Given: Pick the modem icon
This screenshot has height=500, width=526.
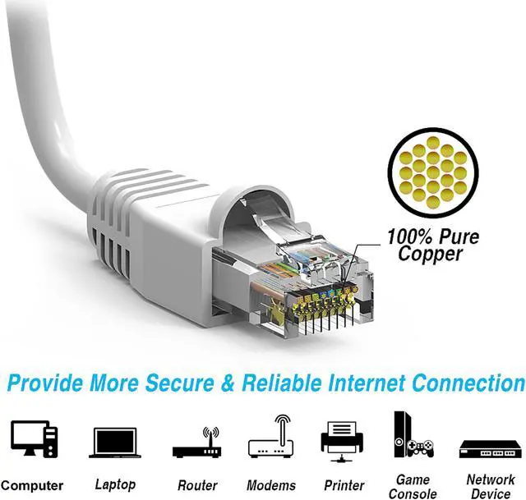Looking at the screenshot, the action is [x=271, y=440].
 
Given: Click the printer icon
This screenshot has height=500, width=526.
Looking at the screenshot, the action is [x=341, y=441].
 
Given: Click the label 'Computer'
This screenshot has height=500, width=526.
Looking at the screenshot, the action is [x=33, y=486].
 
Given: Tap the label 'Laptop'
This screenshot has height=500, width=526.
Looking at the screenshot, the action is [x=115, y=484].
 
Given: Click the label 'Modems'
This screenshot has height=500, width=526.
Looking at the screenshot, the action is [x=271, y=486].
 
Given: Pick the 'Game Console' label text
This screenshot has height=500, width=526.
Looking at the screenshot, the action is [x=413, y=486].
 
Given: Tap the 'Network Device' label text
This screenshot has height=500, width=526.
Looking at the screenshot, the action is [x=490, y=486].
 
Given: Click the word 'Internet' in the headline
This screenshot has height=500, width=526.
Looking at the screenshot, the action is [x=362, y=383].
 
